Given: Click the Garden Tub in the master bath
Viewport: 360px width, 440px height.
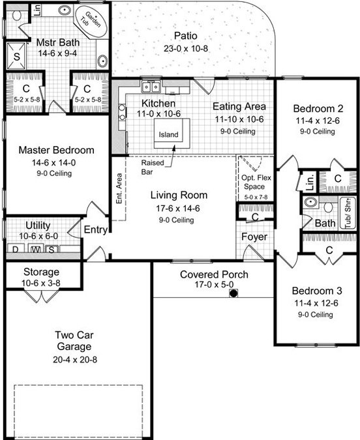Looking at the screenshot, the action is pos(90,21).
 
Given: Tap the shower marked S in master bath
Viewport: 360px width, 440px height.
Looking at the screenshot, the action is pos(16,56).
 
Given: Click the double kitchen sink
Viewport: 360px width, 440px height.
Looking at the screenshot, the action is pos(151,87).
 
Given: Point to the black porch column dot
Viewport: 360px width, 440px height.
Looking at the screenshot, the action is pos(233,293).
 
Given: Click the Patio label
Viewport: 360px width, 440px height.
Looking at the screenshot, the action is pos(186,36).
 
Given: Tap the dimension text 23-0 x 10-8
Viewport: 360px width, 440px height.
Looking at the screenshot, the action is pos(186,48).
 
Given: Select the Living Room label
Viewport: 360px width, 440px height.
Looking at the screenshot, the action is pos(179,195).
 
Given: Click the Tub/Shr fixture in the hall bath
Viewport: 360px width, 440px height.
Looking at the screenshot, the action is pos(348,213).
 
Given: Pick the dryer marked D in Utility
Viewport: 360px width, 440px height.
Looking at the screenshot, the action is pos(15,248).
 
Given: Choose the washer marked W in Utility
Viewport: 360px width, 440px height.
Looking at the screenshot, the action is pos(36,248).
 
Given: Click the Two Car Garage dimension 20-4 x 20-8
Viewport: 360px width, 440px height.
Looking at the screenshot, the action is pos(75,359).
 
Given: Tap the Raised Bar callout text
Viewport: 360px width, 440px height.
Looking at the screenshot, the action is pos(153,168).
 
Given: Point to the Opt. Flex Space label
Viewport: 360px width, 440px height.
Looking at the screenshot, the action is pos(256,182).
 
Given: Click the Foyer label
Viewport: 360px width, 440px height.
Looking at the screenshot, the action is pos(254,237).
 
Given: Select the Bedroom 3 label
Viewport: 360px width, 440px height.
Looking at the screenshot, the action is pos(317,291).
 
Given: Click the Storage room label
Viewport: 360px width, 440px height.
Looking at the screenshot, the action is pos(41,272).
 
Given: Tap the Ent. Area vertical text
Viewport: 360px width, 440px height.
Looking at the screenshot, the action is pos(119,188).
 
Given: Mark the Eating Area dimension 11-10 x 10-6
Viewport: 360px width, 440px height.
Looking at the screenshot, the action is pos(239,119).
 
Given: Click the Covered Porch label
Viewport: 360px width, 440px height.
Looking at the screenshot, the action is pos(214,274).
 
